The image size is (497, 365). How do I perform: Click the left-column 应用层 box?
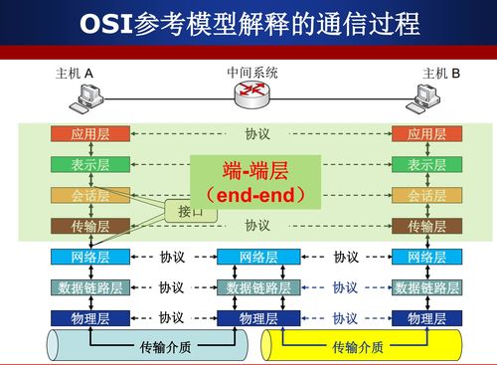pos(89,134)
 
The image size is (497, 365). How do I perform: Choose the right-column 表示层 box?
pos(426,165)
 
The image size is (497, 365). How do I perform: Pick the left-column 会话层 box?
pos(89,196)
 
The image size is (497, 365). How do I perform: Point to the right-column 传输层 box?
pos(426,226)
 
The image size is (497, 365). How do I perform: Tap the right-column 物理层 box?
pos(426,318)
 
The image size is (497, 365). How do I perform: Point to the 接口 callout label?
pos(190,212)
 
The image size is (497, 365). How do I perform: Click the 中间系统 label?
pos(252,73)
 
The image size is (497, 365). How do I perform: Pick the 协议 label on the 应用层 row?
pos(257,134)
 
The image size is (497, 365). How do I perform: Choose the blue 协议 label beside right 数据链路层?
pos(345,287)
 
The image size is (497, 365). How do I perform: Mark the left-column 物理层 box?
pos(89,318)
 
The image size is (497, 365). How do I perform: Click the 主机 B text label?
pos(441,74)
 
